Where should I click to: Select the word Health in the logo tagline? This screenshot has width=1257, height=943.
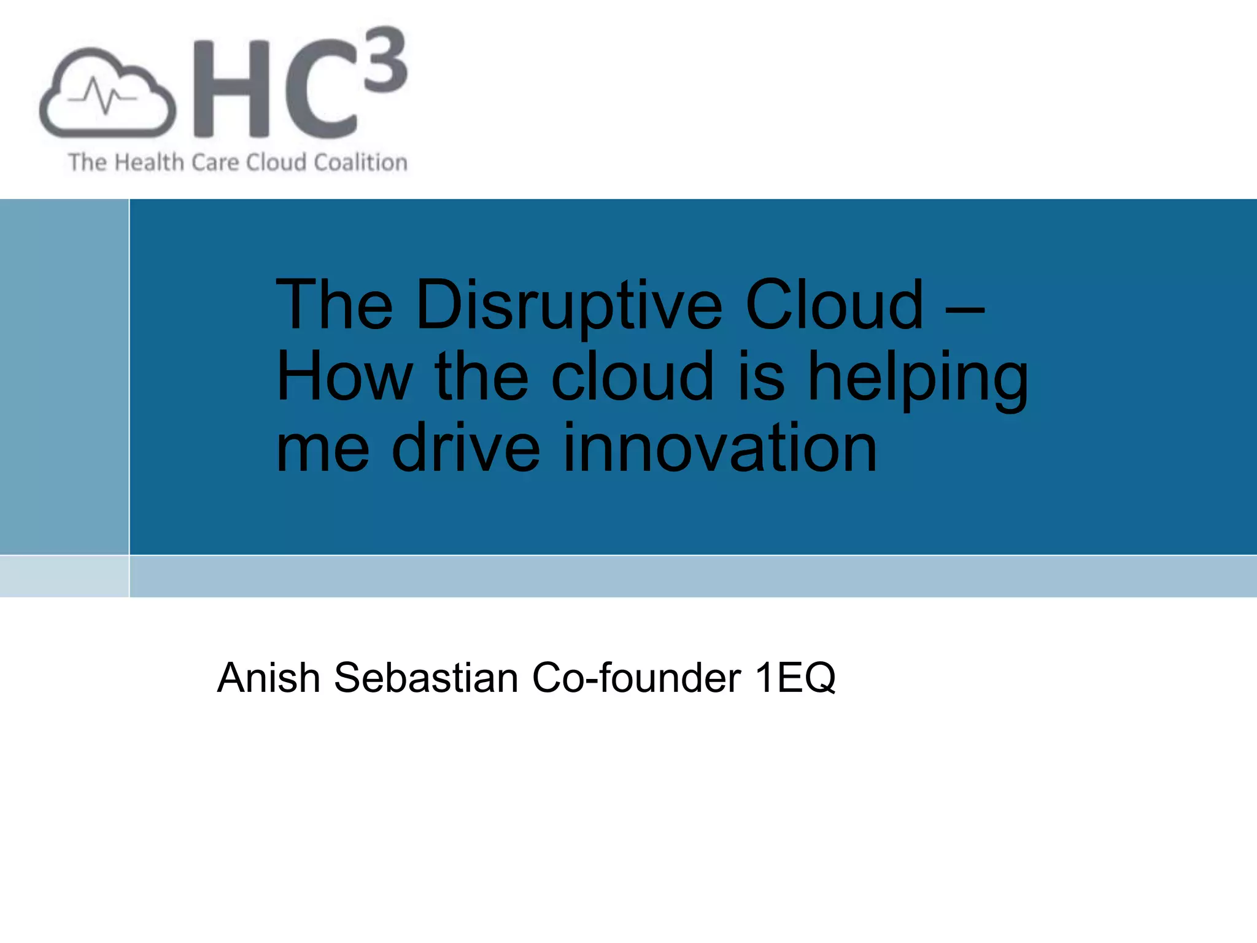click(149, 163)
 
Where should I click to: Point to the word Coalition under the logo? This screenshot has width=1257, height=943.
click(360, 163)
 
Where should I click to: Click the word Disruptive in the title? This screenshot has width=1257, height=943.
click(569, 305)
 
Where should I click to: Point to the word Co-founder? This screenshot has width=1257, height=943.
click(636, 678)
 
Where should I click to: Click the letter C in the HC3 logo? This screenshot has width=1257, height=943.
click(319, 89)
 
